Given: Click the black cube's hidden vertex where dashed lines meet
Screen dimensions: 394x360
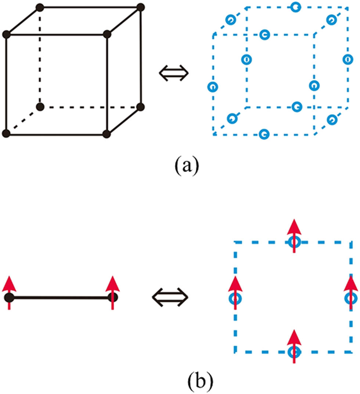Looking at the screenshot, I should point(40,107).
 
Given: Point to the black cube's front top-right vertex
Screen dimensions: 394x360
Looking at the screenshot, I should point(107,35).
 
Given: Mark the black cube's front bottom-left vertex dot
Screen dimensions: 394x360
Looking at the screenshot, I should point(6,133).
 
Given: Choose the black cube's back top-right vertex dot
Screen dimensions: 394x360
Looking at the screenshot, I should point(140,7).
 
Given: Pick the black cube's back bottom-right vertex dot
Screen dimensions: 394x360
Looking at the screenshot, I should point(140,107).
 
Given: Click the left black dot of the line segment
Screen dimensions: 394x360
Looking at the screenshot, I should point(9,297).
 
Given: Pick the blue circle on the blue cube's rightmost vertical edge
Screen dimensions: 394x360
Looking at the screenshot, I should point(346,59).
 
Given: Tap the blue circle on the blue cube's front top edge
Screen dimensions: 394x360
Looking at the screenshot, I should point(263,35).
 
